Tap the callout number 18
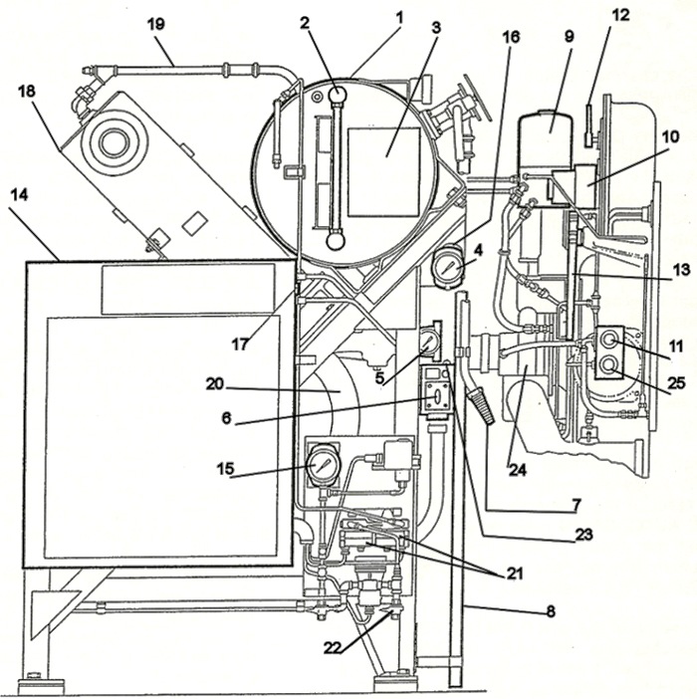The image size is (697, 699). pos(26,92)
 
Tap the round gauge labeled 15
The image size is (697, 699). pos(322,464)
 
